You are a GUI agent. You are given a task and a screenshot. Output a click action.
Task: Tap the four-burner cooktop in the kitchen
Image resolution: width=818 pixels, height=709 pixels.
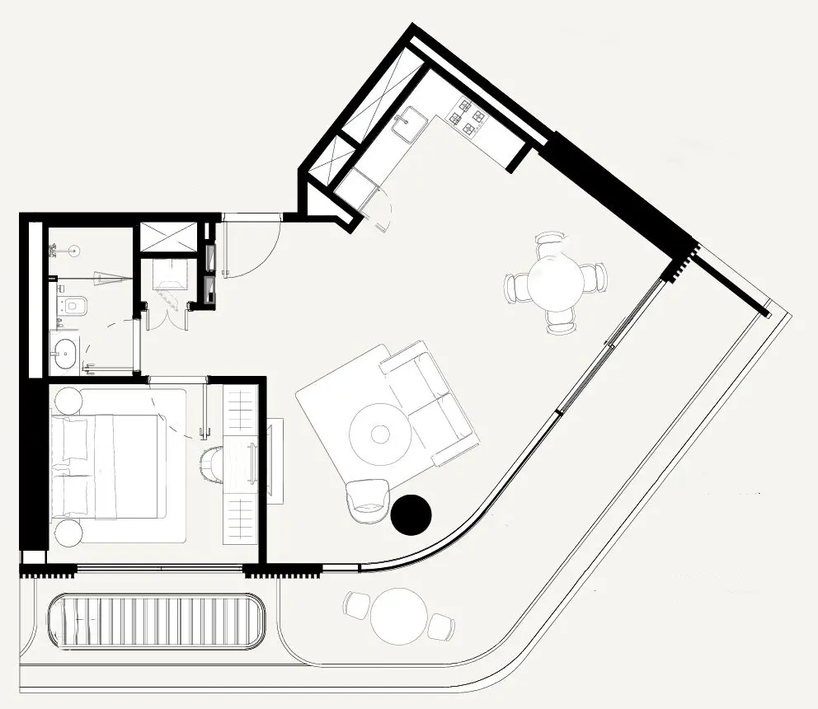(465, 116)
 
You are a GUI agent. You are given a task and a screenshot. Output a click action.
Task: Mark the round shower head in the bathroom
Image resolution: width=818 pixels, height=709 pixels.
(73, 248)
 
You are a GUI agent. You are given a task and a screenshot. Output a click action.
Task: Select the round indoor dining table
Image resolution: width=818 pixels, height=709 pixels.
(556, 282)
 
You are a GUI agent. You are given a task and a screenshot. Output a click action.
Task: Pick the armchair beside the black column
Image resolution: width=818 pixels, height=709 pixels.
(367, 500)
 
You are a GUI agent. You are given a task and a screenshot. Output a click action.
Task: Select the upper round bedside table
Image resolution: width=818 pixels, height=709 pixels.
(68, 401)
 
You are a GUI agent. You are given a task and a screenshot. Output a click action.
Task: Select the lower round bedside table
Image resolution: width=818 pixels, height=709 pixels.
(68, 532)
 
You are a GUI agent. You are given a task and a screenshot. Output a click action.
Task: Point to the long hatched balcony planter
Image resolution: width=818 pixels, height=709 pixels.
(157, 622)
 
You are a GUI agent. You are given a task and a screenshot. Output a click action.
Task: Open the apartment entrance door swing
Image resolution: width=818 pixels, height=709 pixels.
(252, 247)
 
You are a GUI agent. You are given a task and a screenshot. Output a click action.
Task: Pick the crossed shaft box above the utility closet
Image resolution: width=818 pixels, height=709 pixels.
(167, 237)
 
